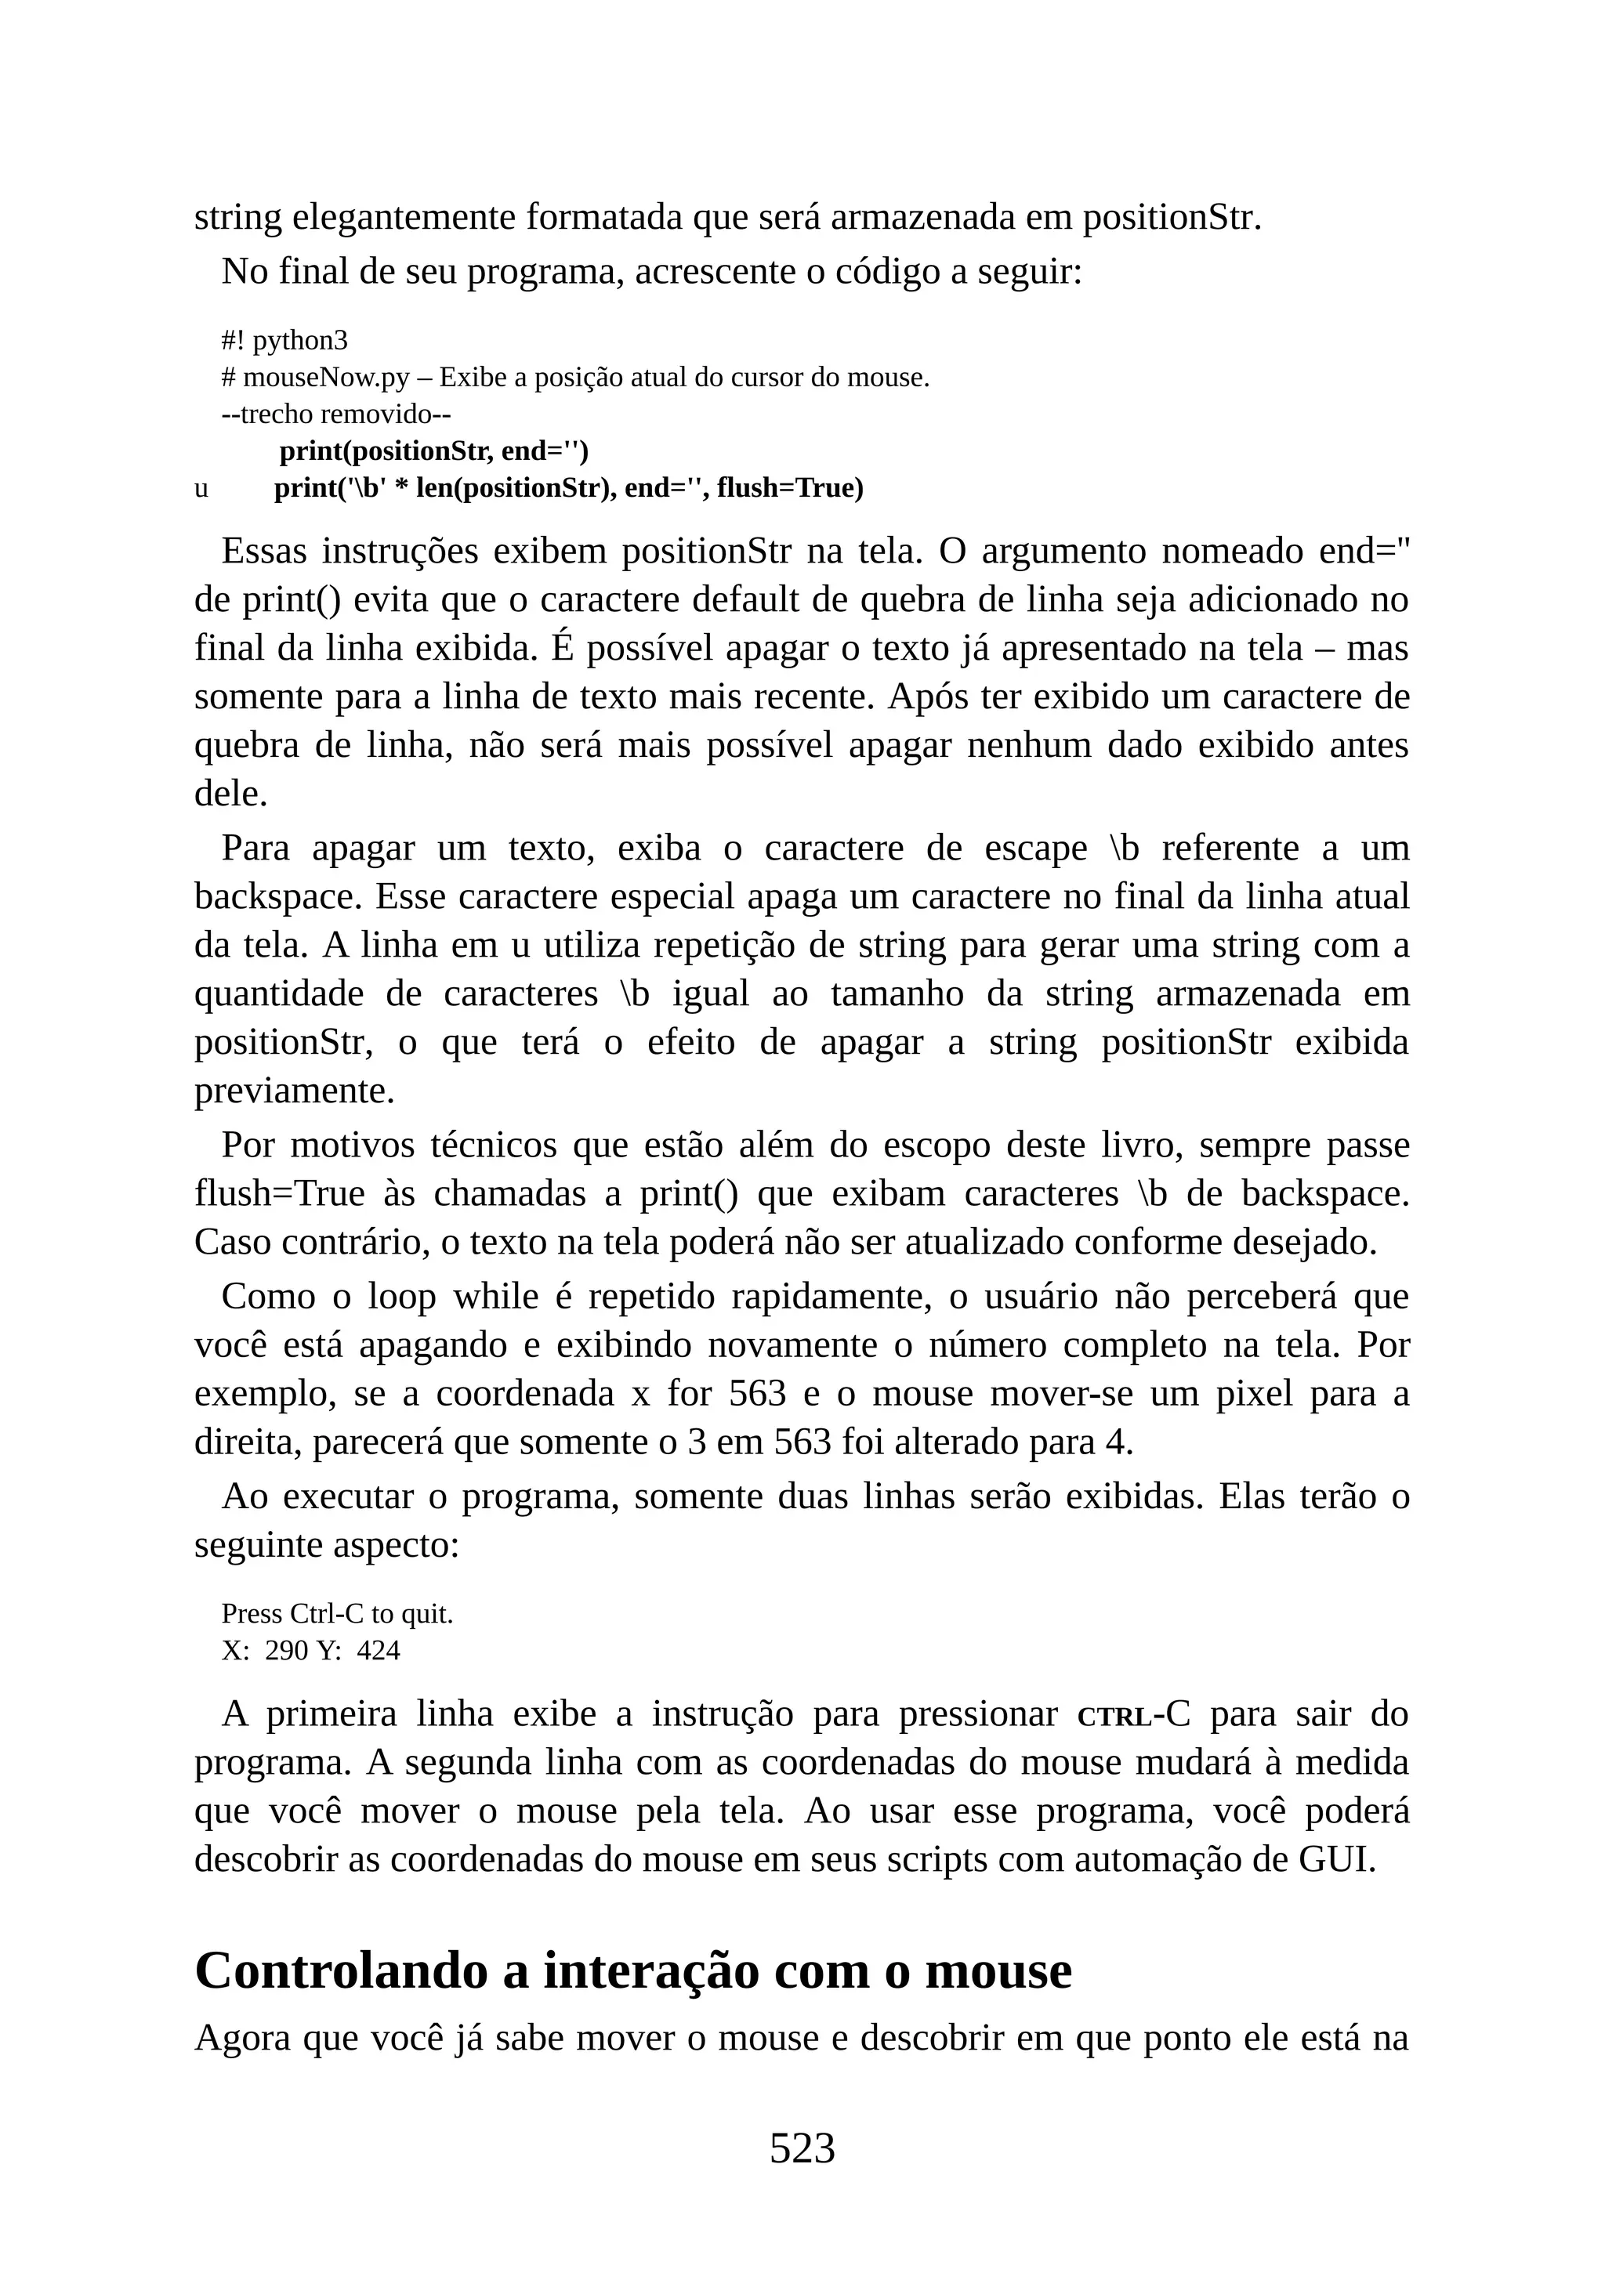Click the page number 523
tap(802, 2148)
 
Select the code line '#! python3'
tap(284, 341)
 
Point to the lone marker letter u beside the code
tap(201, 488)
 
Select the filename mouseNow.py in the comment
tap(325, 378)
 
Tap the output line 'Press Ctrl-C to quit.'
tap(337, 1614)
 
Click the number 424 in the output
tap(379, 1650)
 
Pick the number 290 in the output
tap(288, 1650)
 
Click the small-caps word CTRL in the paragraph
tap(1114, 1717)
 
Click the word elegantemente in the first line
tap(404, 217)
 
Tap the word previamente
tap(295, 1091)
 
